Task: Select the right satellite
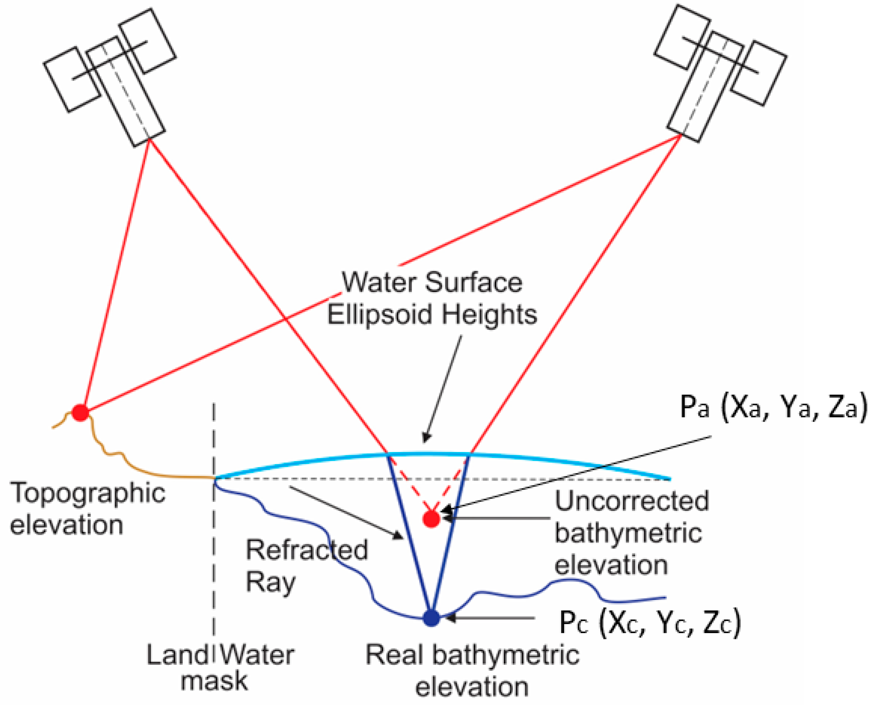720,75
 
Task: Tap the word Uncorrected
632,501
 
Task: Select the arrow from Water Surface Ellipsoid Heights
442,390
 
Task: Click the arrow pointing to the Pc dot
487,618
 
